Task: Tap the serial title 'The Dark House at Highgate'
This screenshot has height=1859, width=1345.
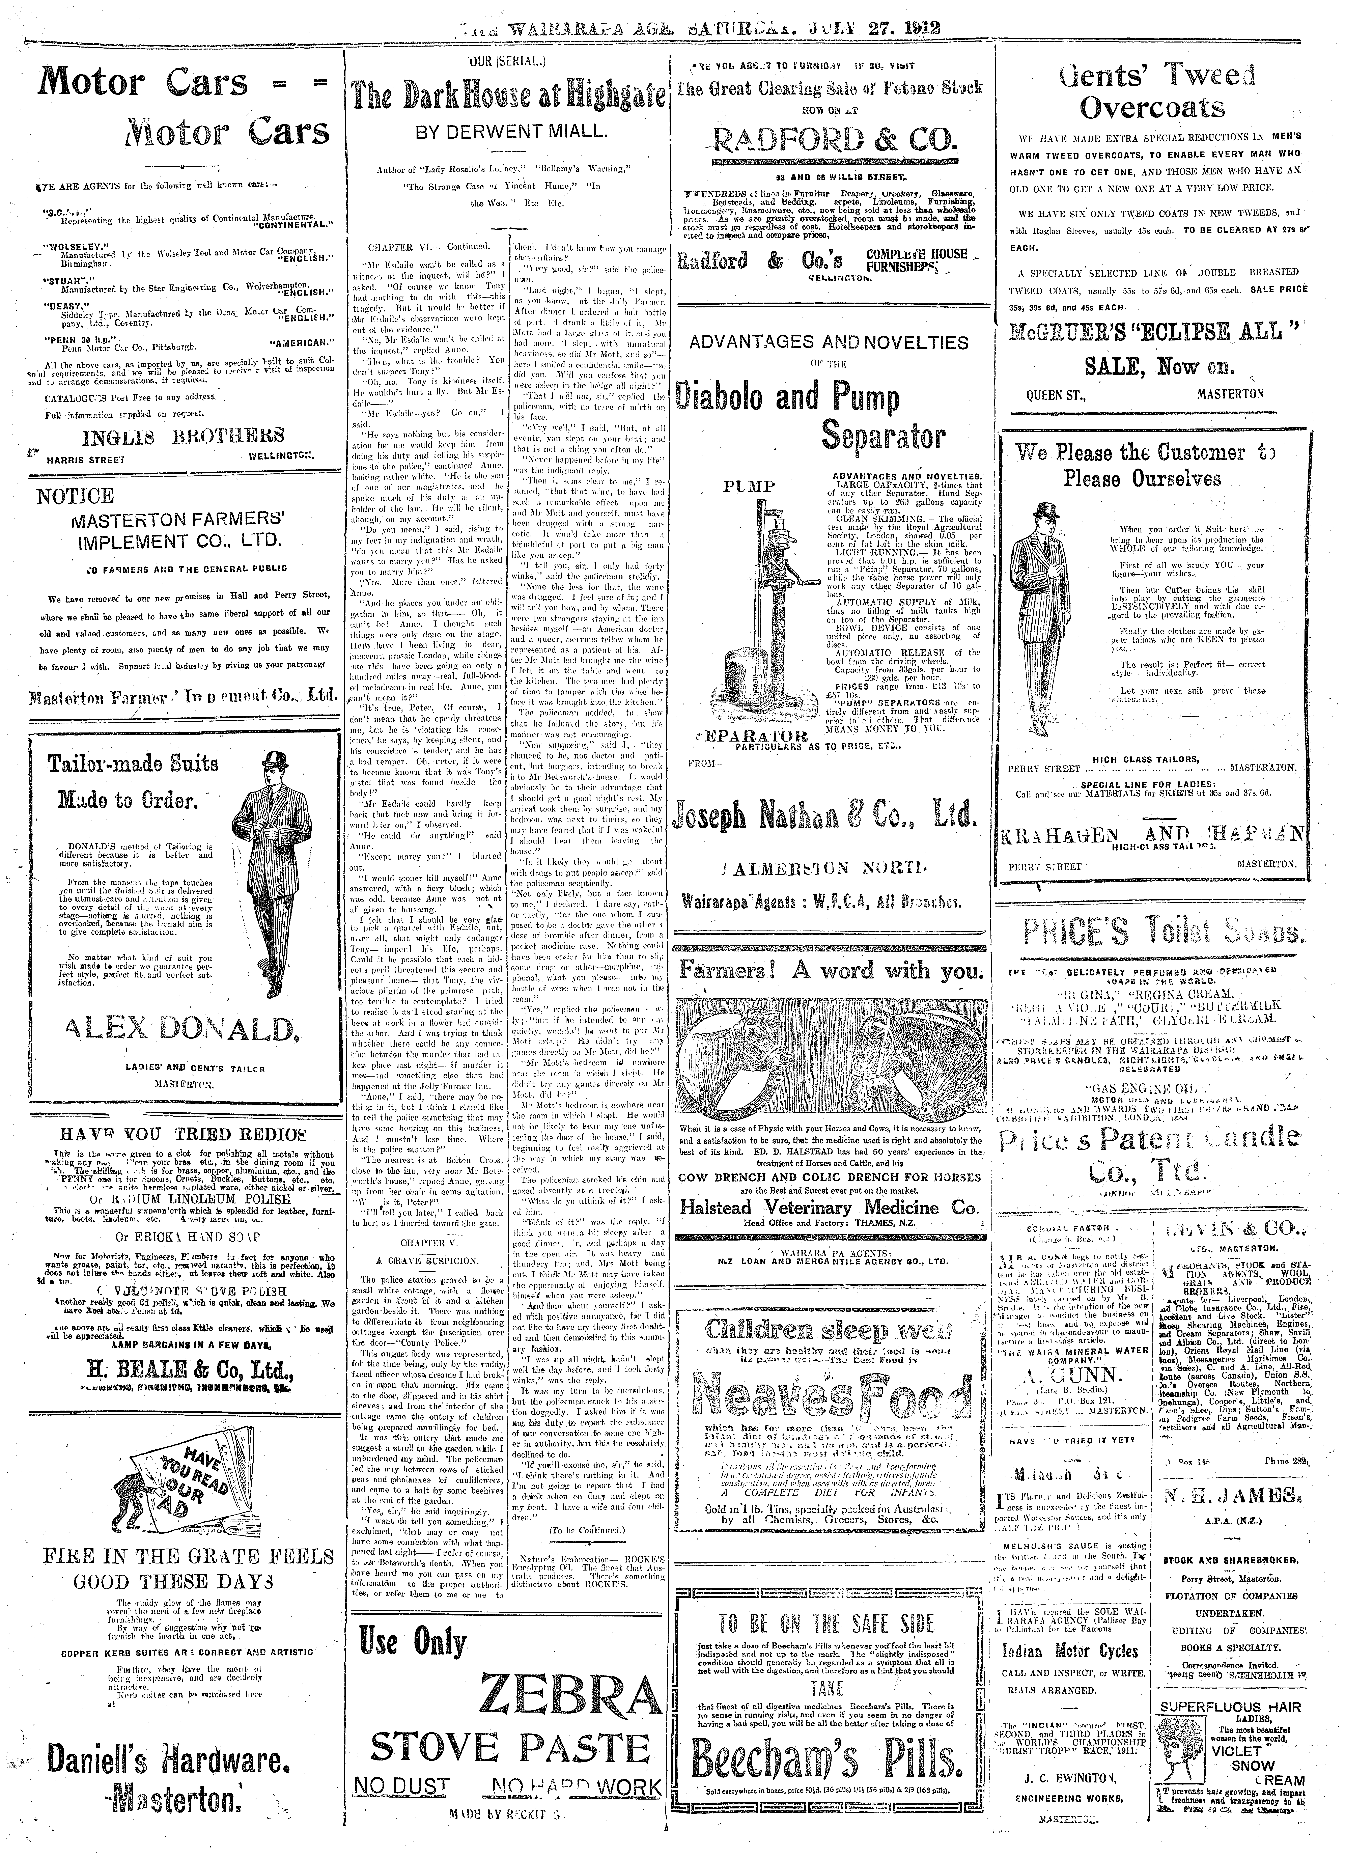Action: point(507,97)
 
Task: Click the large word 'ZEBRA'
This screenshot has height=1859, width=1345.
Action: point(571,1692)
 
